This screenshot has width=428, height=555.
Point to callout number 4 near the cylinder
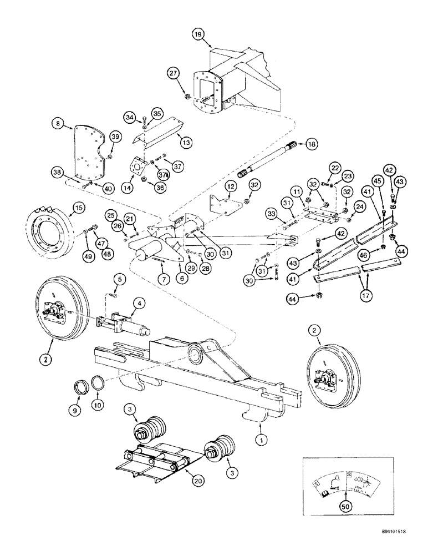139,304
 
